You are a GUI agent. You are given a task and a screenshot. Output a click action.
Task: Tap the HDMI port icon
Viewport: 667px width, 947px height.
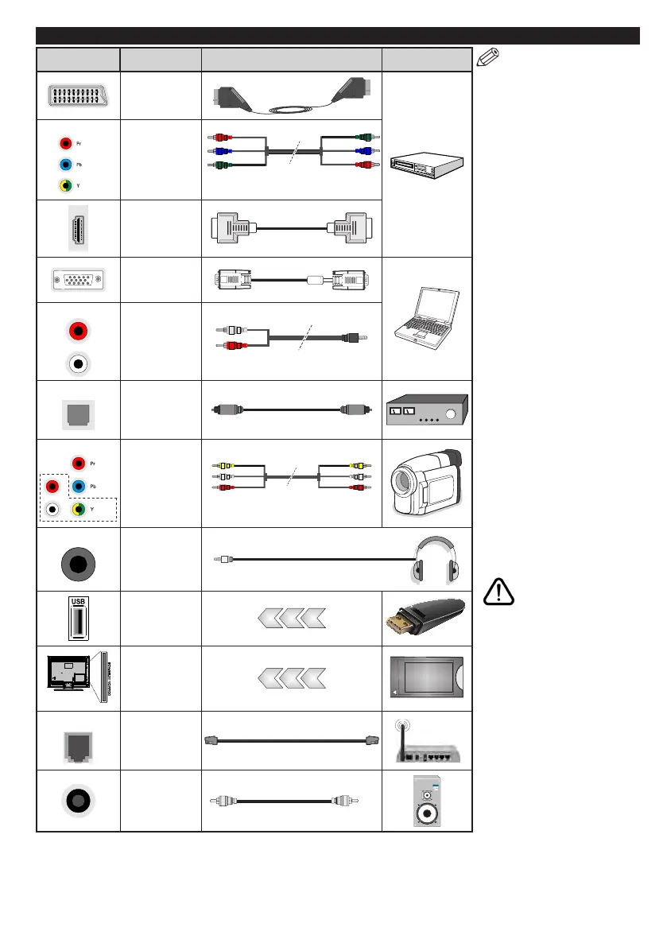pyautogui.click(x=78, y=227)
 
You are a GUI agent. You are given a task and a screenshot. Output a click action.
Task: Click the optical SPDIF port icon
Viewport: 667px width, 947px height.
pyautogui.click(x=78, y=410)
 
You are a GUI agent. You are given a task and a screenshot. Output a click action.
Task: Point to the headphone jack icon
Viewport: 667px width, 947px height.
pyautogui.click(x=78, y=559)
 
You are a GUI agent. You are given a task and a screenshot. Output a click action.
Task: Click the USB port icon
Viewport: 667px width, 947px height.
pyautogui.click(x=78, y=618)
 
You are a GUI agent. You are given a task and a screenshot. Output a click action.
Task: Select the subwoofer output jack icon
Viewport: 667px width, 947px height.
pyautogui.click(x=78, y=801)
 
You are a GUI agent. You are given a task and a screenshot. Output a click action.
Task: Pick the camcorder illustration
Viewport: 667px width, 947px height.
pyautogui.click(x=428, y=483)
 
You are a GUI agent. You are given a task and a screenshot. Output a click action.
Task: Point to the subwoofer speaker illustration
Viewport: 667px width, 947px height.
pyautogui.click(x=428, y=801)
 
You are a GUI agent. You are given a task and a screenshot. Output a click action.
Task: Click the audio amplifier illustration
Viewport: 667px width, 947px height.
pyautogui.click(x=428, y=410)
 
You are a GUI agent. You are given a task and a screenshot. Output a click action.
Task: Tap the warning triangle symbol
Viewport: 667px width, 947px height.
pyautogui.click(x=497, y=594)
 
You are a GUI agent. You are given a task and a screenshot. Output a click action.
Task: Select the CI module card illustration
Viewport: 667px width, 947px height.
pyautogui.click(x=428, y=678)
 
